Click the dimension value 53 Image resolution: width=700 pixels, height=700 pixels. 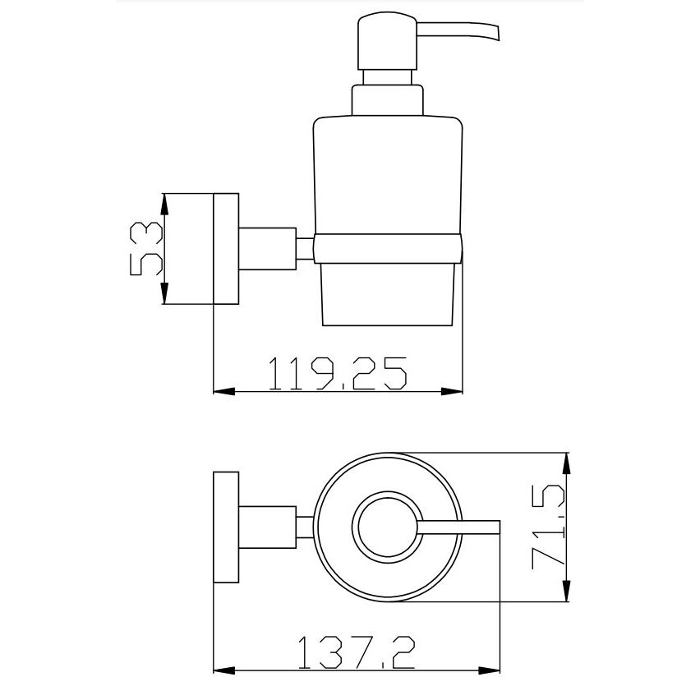coord(146,249)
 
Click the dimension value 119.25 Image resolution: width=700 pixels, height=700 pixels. coord(338,373)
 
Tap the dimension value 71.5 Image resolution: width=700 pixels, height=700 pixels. coord(549,527)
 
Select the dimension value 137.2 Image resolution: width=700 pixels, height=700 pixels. coord(357,652)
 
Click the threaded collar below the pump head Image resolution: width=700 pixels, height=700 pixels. coord(388,100)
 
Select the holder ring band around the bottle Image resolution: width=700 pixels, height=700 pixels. coord(388,248)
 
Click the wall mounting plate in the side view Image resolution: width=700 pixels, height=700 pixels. coord(226,249)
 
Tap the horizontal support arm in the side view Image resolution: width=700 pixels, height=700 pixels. coord(267,249)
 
